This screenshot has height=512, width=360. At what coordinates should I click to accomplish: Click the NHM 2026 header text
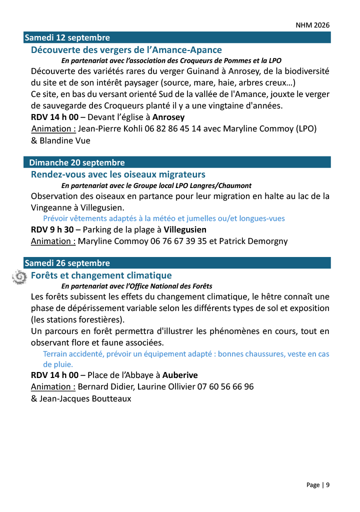312,25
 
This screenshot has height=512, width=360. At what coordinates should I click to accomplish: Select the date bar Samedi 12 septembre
67,37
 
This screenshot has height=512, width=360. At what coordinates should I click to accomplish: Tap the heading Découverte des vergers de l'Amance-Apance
126,50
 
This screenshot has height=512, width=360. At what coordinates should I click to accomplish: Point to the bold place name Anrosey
168,117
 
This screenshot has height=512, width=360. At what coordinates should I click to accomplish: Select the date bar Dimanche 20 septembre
77,162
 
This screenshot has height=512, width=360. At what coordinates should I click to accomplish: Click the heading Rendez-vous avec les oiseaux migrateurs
118,174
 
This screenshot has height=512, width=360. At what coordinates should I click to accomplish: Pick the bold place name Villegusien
185,229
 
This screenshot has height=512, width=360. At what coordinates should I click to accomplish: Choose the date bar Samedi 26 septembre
67,263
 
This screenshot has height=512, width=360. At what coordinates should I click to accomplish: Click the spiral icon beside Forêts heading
19,276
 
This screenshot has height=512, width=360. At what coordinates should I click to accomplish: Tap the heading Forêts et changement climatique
101,275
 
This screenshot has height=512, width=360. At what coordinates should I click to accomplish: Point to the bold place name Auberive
180,375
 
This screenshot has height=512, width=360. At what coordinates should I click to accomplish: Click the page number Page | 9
318,485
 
